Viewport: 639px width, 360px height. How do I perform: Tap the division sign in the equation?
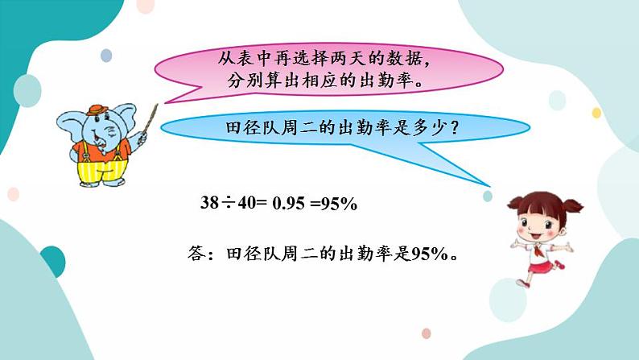point(228,204)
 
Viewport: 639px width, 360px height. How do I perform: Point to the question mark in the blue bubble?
point(455,127)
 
